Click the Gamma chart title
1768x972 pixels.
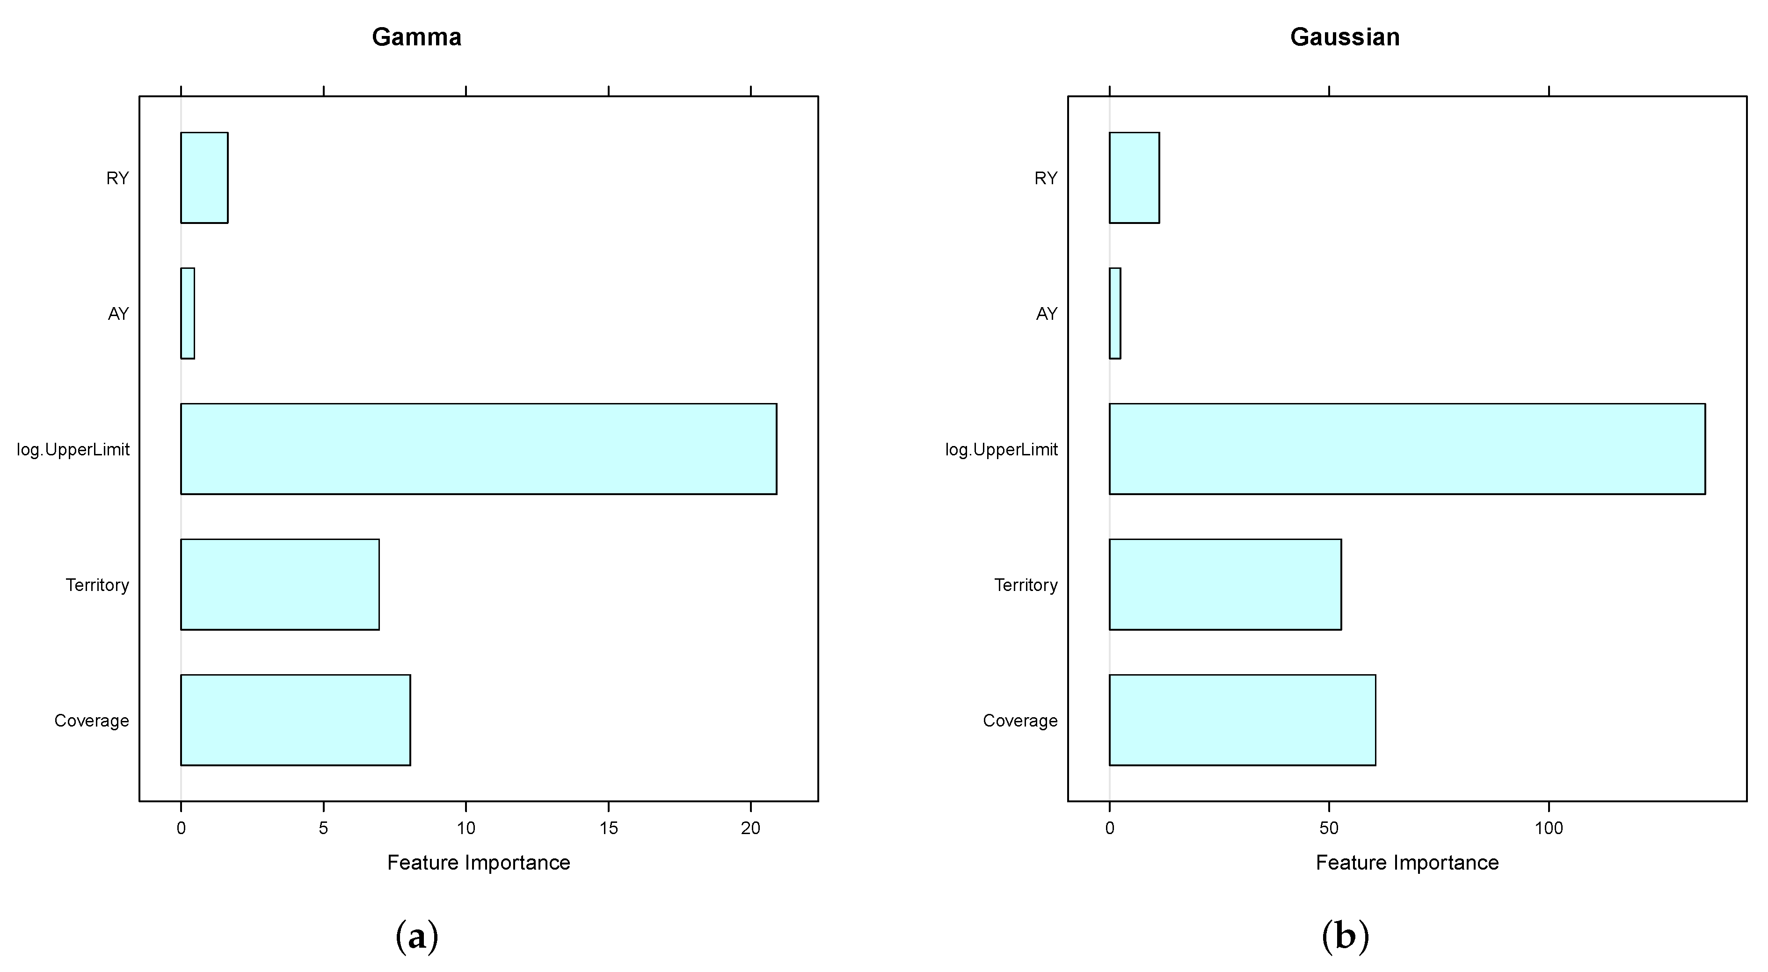416,37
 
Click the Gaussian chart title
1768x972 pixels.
1345,37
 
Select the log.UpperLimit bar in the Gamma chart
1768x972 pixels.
479,449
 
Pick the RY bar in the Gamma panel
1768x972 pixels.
204,178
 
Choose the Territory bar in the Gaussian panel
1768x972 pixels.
1225,584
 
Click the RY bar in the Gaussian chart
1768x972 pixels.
1134,178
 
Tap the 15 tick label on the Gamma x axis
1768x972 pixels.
608,828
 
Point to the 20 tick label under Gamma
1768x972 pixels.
750,828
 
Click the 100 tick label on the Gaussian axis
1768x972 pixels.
1549,828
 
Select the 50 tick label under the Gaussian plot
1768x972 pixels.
1329,828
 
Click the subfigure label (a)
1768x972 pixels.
416,937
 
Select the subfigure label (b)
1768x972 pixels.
1345,937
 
